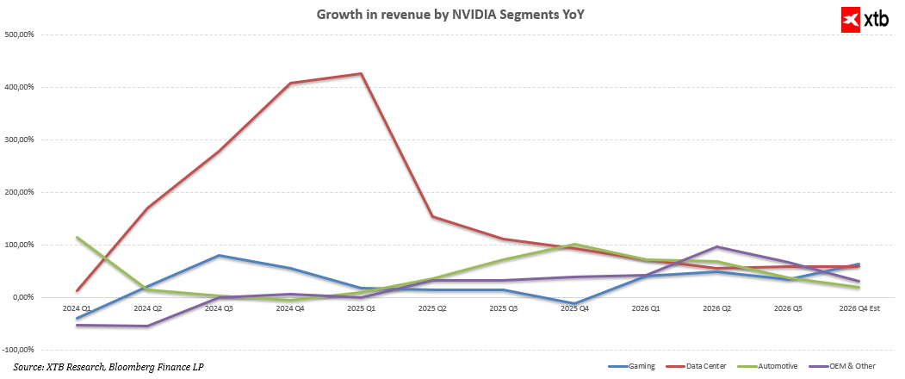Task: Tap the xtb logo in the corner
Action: [868, 20]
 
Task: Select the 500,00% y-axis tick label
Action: [21, 34]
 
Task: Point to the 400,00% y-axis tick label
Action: [21, 87]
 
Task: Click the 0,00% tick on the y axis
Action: [23, 297]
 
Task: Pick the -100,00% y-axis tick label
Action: [19, 350]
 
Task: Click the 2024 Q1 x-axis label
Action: [77, 308]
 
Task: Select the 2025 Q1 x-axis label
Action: [361, 308]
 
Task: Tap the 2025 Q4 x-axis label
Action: [573, 308]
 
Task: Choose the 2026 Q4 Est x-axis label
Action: [859, 308]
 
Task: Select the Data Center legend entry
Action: [705, 366]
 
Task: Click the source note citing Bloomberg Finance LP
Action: [108, 367]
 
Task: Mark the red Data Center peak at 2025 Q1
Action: [361, 74]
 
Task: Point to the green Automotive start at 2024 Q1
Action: [77, 237]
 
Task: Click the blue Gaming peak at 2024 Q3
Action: [220, 255]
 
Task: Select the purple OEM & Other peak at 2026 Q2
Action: [716, 247]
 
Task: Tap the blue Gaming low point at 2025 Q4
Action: [573, 304]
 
